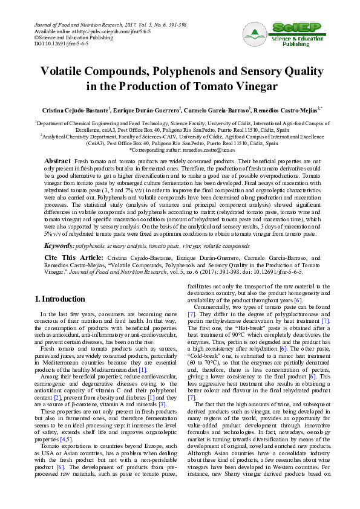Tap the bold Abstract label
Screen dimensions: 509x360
point(57,162)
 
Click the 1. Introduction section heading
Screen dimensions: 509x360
point(60,299)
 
